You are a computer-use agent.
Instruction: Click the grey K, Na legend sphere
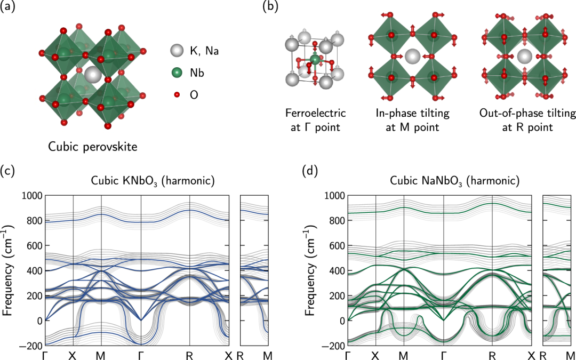tap(176, 52)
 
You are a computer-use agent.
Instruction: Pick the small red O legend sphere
tap(176, 95)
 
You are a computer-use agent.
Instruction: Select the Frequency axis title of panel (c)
tap(8, 270)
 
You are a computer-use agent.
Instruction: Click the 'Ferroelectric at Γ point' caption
tap(315, 120)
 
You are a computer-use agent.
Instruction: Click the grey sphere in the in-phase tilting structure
tap(411, 56)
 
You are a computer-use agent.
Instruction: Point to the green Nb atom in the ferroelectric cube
tap(315, 60)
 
